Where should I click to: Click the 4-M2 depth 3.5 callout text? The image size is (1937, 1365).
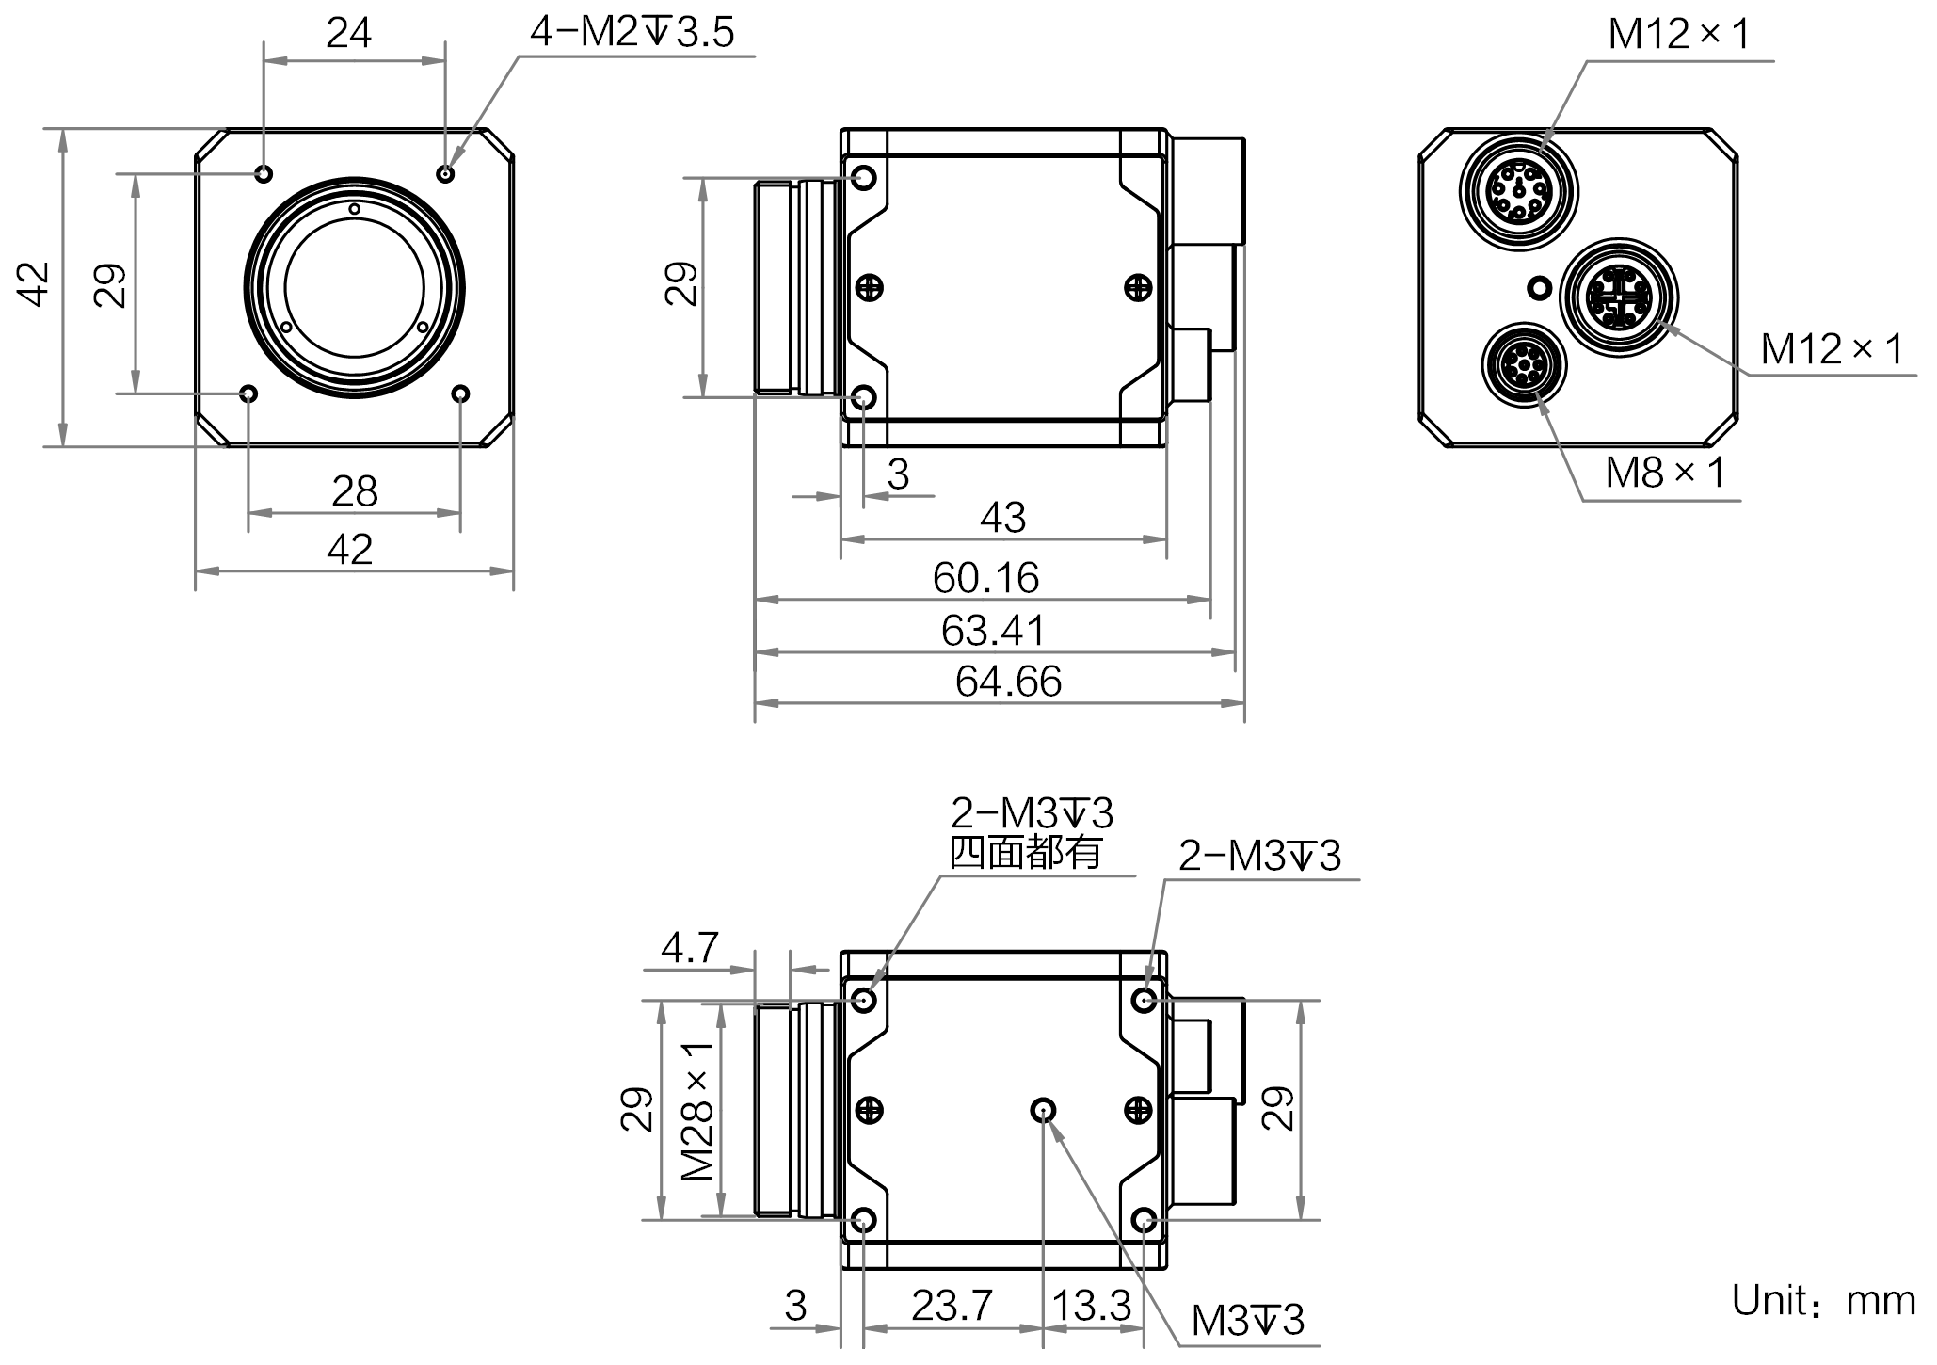(x=632, y=33)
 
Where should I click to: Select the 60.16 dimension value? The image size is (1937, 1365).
(x=985, y=578)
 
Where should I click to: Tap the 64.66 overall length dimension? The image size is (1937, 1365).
(x=1008, y=682)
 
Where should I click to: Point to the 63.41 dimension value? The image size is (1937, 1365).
(x=993, y=630)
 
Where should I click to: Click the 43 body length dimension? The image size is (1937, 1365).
(x=1002, y=518)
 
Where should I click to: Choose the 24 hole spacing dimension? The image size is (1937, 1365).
(x=349, y=34)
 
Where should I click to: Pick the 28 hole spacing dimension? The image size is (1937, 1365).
(x=355, y=491)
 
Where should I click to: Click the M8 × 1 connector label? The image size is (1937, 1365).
(x=1665, y=473)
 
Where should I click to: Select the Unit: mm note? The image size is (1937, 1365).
(x=1824, y=1301)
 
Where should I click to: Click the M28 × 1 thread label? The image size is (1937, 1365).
(x=697, y=1111)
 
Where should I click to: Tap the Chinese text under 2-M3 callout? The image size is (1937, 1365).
(x=1025, y=853)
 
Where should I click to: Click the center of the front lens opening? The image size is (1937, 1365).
(x=355, y=286)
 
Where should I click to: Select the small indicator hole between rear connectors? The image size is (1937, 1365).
(x=1540, y=287)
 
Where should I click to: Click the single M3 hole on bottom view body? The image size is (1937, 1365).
(x=1043, y=1111)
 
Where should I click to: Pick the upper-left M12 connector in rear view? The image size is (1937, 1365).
(x=1519, y=190)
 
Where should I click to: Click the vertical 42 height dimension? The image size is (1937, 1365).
(x=34, y=284)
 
